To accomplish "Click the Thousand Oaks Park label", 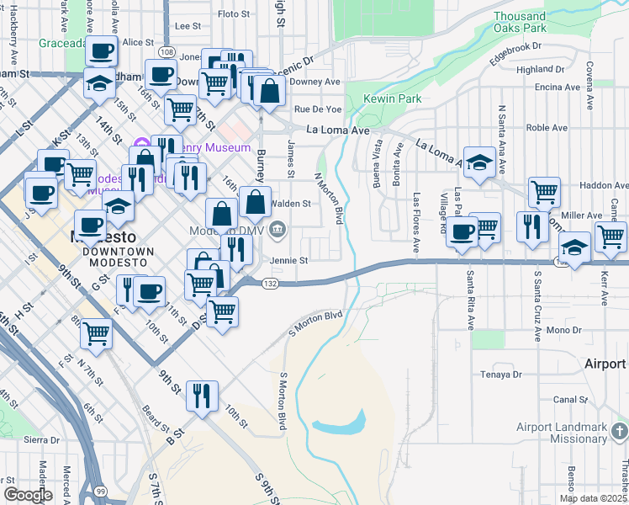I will [x=520, y=22].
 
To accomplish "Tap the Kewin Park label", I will [x=392, y=99].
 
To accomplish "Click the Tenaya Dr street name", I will [x=501, y=375].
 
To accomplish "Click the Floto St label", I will [x=234, y=14].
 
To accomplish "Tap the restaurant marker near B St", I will [x=202, y=396].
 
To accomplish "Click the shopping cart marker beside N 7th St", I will [x=96, y=333].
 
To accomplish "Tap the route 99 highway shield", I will [x=101, y=491].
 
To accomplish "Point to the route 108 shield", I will [x=166, y=53].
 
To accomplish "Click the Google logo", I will [x=29, y=494].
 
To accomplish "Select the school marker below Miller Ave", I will [x=574, y=248].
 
